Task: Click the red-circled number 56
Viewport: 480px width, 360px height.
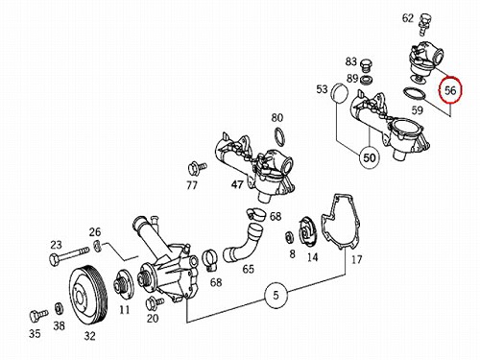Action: tap(450, 90)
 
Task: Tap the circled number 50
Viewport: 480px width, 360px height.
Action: tap(370, 157)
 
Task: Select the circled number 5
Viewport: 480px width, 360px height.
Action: tap(276, 295)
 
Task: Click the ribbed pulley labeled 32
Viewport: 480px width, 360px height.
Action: tap(89, 294)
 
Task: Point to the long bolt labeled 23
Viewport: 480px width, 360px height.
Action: tap(69, 255)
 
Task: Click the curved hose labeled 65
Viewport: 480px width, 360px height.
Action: tap(243, 244)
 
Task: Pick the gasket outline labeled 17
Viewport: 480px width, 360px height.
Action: tap(342, 222)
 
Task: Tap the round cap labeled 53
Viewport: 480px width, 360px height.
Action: tap(338, 94)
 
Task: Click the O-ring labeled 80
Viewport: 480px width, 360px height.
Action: tap(279, 135)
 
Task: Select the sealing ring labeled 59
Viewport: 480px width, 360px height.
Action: tap(415, 94)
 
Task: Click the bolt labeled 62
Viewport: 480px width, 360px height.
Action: tap(423, 24)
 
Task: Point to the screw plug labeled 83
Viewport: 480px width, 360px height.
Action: tap(366, 66)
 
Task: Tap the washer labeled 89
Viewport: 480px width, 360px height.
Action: tap(366, 80)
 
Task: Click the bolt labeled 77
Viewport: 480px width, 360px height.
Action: tap(197, 169)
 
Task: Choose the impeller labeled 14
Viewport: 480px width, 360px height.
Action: tap(307, 232)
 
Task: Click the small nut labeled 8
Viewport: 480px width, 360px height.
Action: tap(289, 237)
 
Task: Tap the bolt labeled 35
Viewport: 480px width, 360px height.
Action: tap(38, 315)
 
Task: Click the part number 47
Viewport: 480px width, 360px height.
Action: tap(237, 184)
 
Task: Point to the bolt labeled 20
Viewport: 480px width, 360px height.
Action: tap(155, 303)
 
